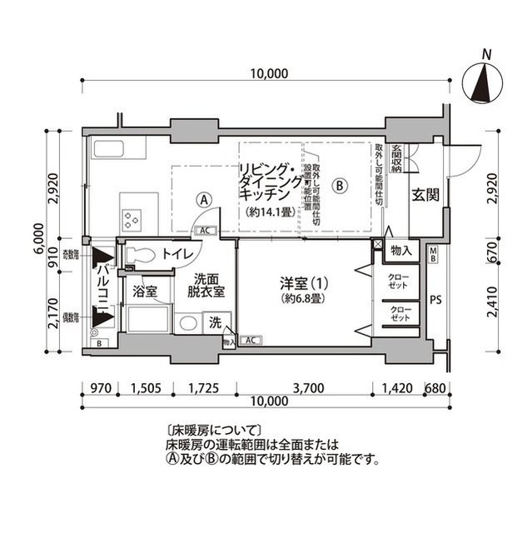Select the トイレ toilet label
(x=178, y=253)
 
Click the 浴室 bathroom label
(x=146, y=292)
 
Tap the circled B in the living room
(x=340, y=184)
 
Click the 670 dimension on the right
(x=491, y=247)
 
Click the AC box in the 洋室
(x=250, y=340)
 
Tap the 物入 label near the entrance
(x=399, y=250)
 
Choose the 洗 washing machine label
(x=214, y=322)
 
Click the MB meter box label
(x=434, y=253)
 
